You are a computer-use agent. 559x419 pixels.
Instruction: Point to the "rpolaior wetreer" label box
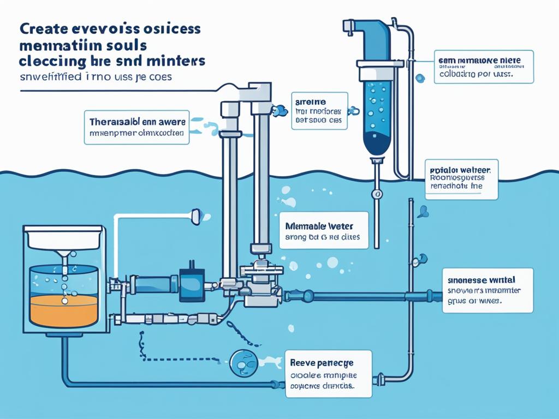click(x=461, y=178)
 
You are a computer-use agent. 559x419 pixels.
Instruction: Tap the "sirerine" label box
click(x=319, y=110)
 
